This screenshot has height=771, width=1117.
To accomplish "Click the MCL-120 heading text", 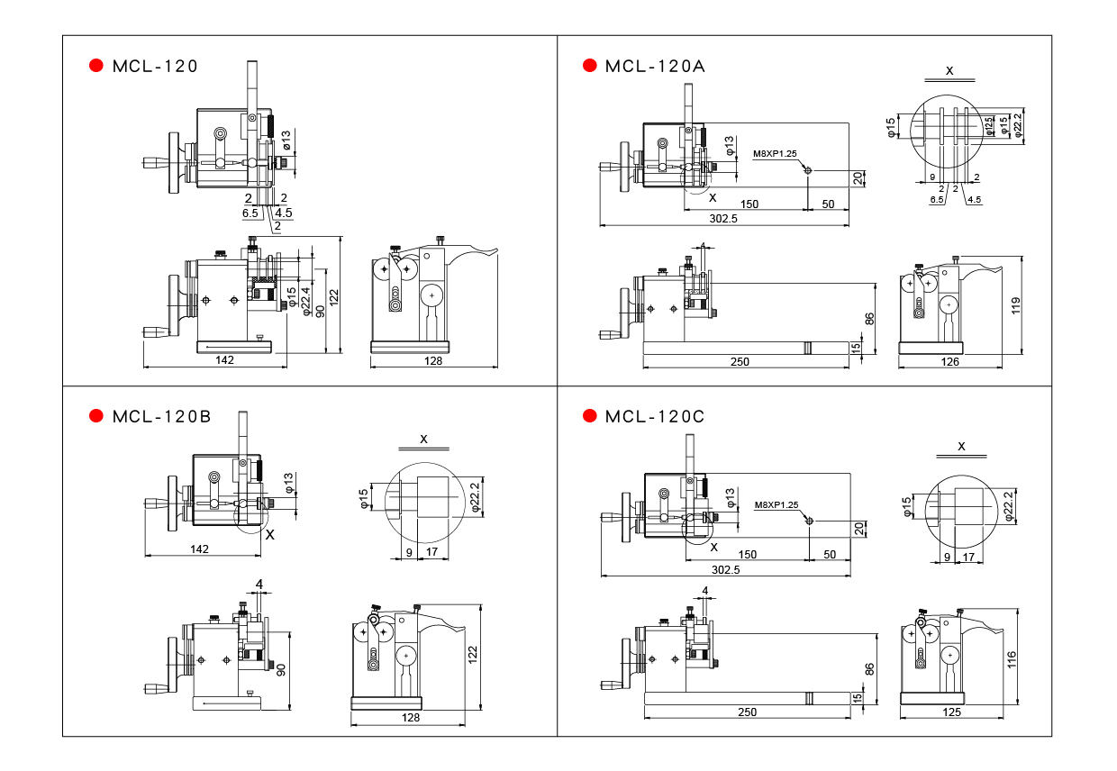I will [155, 66].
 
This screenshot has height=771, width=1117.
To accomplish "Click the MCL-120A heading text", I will [655, 66].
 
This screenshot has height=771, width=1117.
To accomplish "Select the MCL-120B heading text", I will [162, 416].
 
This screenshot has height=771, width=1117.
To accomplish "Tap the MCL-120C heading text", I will [655, 416].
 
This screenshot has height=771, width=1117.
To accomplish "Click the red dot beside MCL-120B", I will [96, 415].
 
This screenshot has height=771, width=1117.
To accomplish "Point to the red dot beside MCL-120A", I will [590, 65].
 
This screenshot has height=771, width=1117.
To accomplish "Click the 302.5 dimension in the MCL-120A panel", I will [724, 219].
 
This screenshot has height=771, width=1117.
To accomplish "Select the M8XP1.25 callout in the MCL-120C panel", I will [776, 504].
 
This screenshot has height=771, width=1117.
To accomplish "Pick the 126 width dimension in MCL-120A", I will [950, 362].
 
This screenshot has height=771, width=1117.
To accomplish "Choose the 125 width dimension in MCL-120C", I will [950, 712].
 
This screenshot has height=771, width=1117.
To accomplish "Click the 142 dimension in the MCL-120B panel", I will [200, 549].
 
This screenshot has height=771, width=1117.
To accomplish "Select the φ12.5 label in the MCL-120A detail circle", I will [989, 124].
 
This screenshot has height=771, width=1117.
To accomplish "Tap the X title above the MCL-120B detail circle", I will [423, 439].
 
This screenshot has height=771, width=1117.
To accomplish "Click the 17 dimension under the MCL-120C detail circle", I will [968, 558].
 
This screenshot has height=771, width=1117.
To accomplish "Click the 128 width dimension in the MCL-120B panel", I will [411, 718].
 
